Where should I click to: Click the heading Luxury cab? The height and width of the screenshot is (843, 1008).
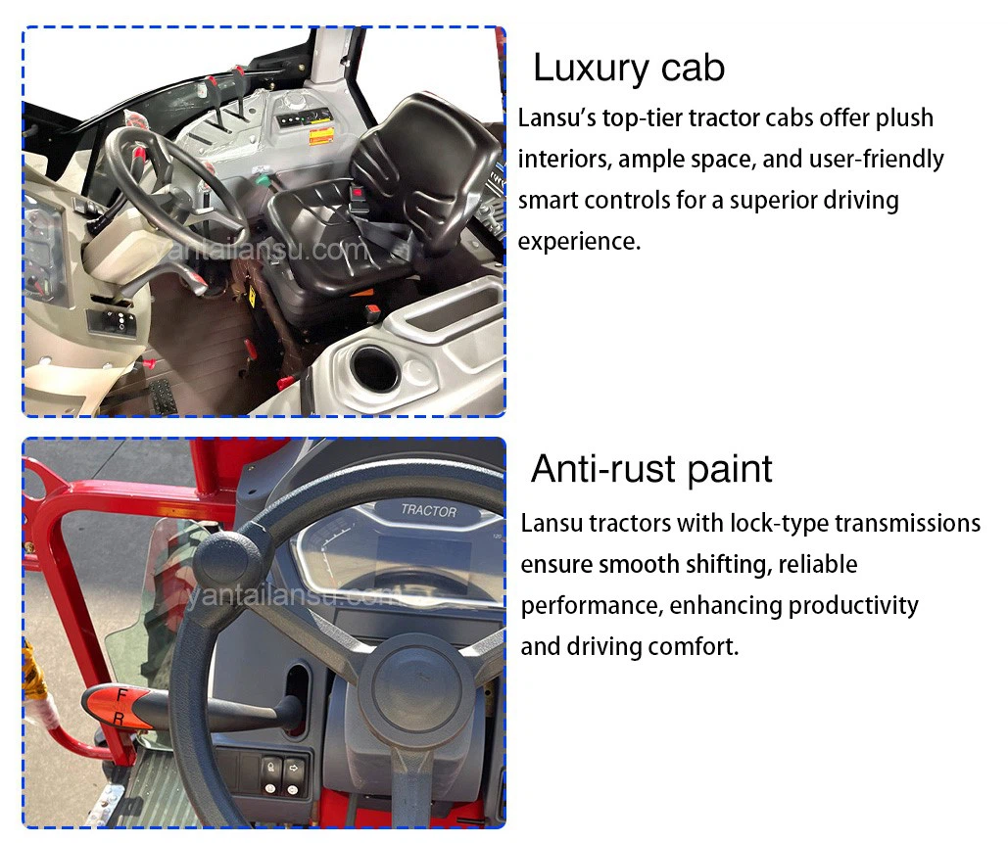click(x=629, y=69)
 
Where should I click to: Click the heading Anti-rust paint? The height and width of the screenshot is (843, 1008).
click(x=651, y=470)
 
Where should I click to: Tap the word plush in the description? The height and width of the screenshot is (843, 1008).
click(x=904, y=118)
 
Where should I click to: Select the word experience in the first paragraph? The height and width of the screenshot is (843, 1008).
click(x=579, y=242)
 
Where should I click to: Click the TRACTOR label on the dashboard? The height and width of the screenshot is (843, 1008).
click(x=428, y=511)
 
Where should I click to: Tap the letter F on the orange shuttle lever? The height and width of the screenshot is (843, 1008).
click(x=120, y=694)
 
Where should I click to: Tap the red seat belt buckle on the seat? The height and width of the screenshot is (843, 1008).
click(x=356, y=192)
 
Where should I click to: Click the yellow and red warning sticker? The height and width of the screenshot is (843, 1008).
click(x=320, y=137)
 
